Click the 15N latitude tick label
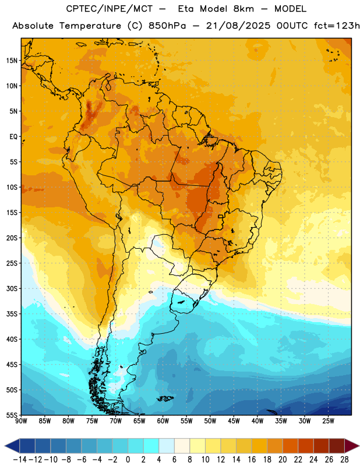(x=12, y=61)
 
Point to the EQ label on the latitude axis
(x=13, y=137)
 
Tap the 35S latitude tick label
(x=12, y=314)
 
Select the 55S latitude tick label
(x=12, y=415)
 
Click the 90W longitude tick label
(x=21, y=421)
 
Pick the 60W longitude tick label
(x=163, y=421)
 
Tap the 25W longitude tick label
(x=328, y=421)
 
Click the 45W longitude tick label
(x=234, y=421)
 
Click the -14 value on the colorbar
(x=20, y=460)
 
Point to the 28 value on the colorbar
(x=344, y=460)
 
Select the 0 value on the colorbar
(x=128, y=460)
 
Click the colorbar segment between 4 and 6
(x=167, y=446)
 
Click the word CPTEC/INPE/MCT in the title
(x=110, y=9)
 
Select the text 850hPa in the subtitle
(x=167, y=26)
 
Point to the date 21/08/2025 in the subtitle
(x=238, y=26)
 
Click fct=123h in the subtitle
(x=337, y=26)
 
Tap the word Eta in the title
(x=186, y=9)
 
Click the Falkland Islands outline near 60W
(x=165, y=398)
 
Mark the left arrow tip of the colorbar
(x=5, y=446)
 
